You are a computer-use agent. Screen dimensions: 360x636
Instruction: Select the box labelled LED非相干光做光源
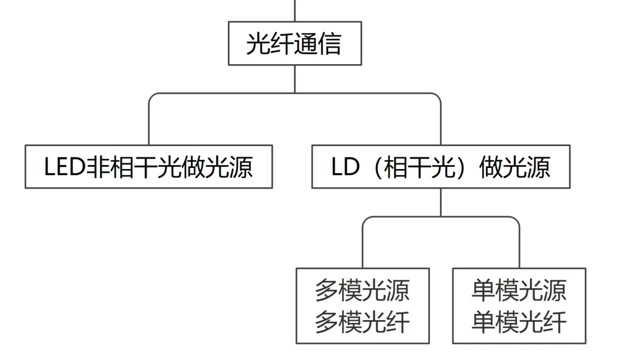click(148, 167)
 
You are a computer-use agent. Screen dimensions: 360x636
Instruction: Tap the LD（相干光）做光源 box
click(440, 167)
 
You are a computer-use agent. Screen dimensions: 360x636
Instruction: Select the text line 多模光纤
click(362, 322)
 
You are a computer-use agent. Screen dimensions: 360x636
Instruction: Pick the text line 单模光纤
click(519, 322)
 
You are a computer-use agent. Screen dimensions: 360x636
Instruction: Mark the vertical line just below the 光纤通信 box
click(294, 78)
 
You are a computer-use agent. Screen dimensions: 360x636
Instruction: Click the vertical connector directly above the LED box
click(148, 127)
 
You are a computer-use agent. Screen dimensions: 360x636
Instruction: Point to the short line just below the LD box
click(440, 202)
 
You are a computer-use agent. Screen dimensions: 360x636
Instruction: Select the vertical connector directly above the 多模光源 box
click(362, 247)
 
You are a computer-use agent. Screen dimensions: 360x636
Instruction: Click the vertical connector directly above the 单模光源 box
click(519, 247)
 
